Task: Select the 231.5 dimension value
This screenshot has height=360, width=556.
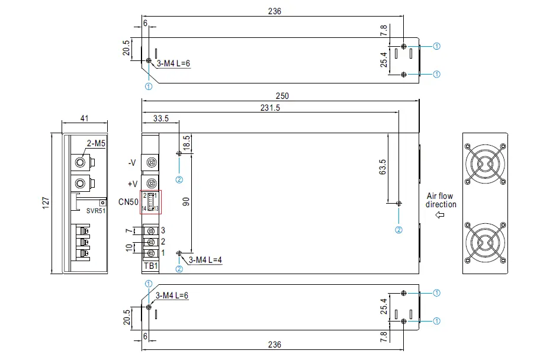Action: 269,108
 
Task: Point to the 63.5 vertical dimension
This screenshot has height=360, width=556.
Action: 383,167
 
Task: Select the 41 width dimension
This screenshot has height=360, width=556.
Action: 84,118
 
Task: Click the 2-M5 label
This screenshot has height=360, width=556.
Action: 96,143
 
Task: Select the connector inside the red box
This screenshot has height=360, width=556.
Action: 151,202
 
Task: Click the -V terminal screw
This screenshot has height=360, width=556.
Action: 151,162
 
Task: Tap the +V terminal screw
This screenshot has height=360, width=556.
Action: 151,184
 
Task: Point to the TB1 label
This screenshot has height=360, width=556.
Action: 151,266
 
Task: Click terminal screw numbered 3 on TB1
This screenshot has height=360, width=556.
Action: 151,230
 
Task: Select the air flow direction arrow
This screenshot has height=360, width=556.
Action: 439,216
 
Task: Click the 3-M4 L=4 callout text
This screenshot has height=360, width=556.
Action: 205,260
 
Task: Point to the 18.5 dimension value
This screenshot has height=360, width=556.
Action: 187,143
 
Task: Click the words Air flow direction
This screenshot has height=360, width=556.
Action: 441,200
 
